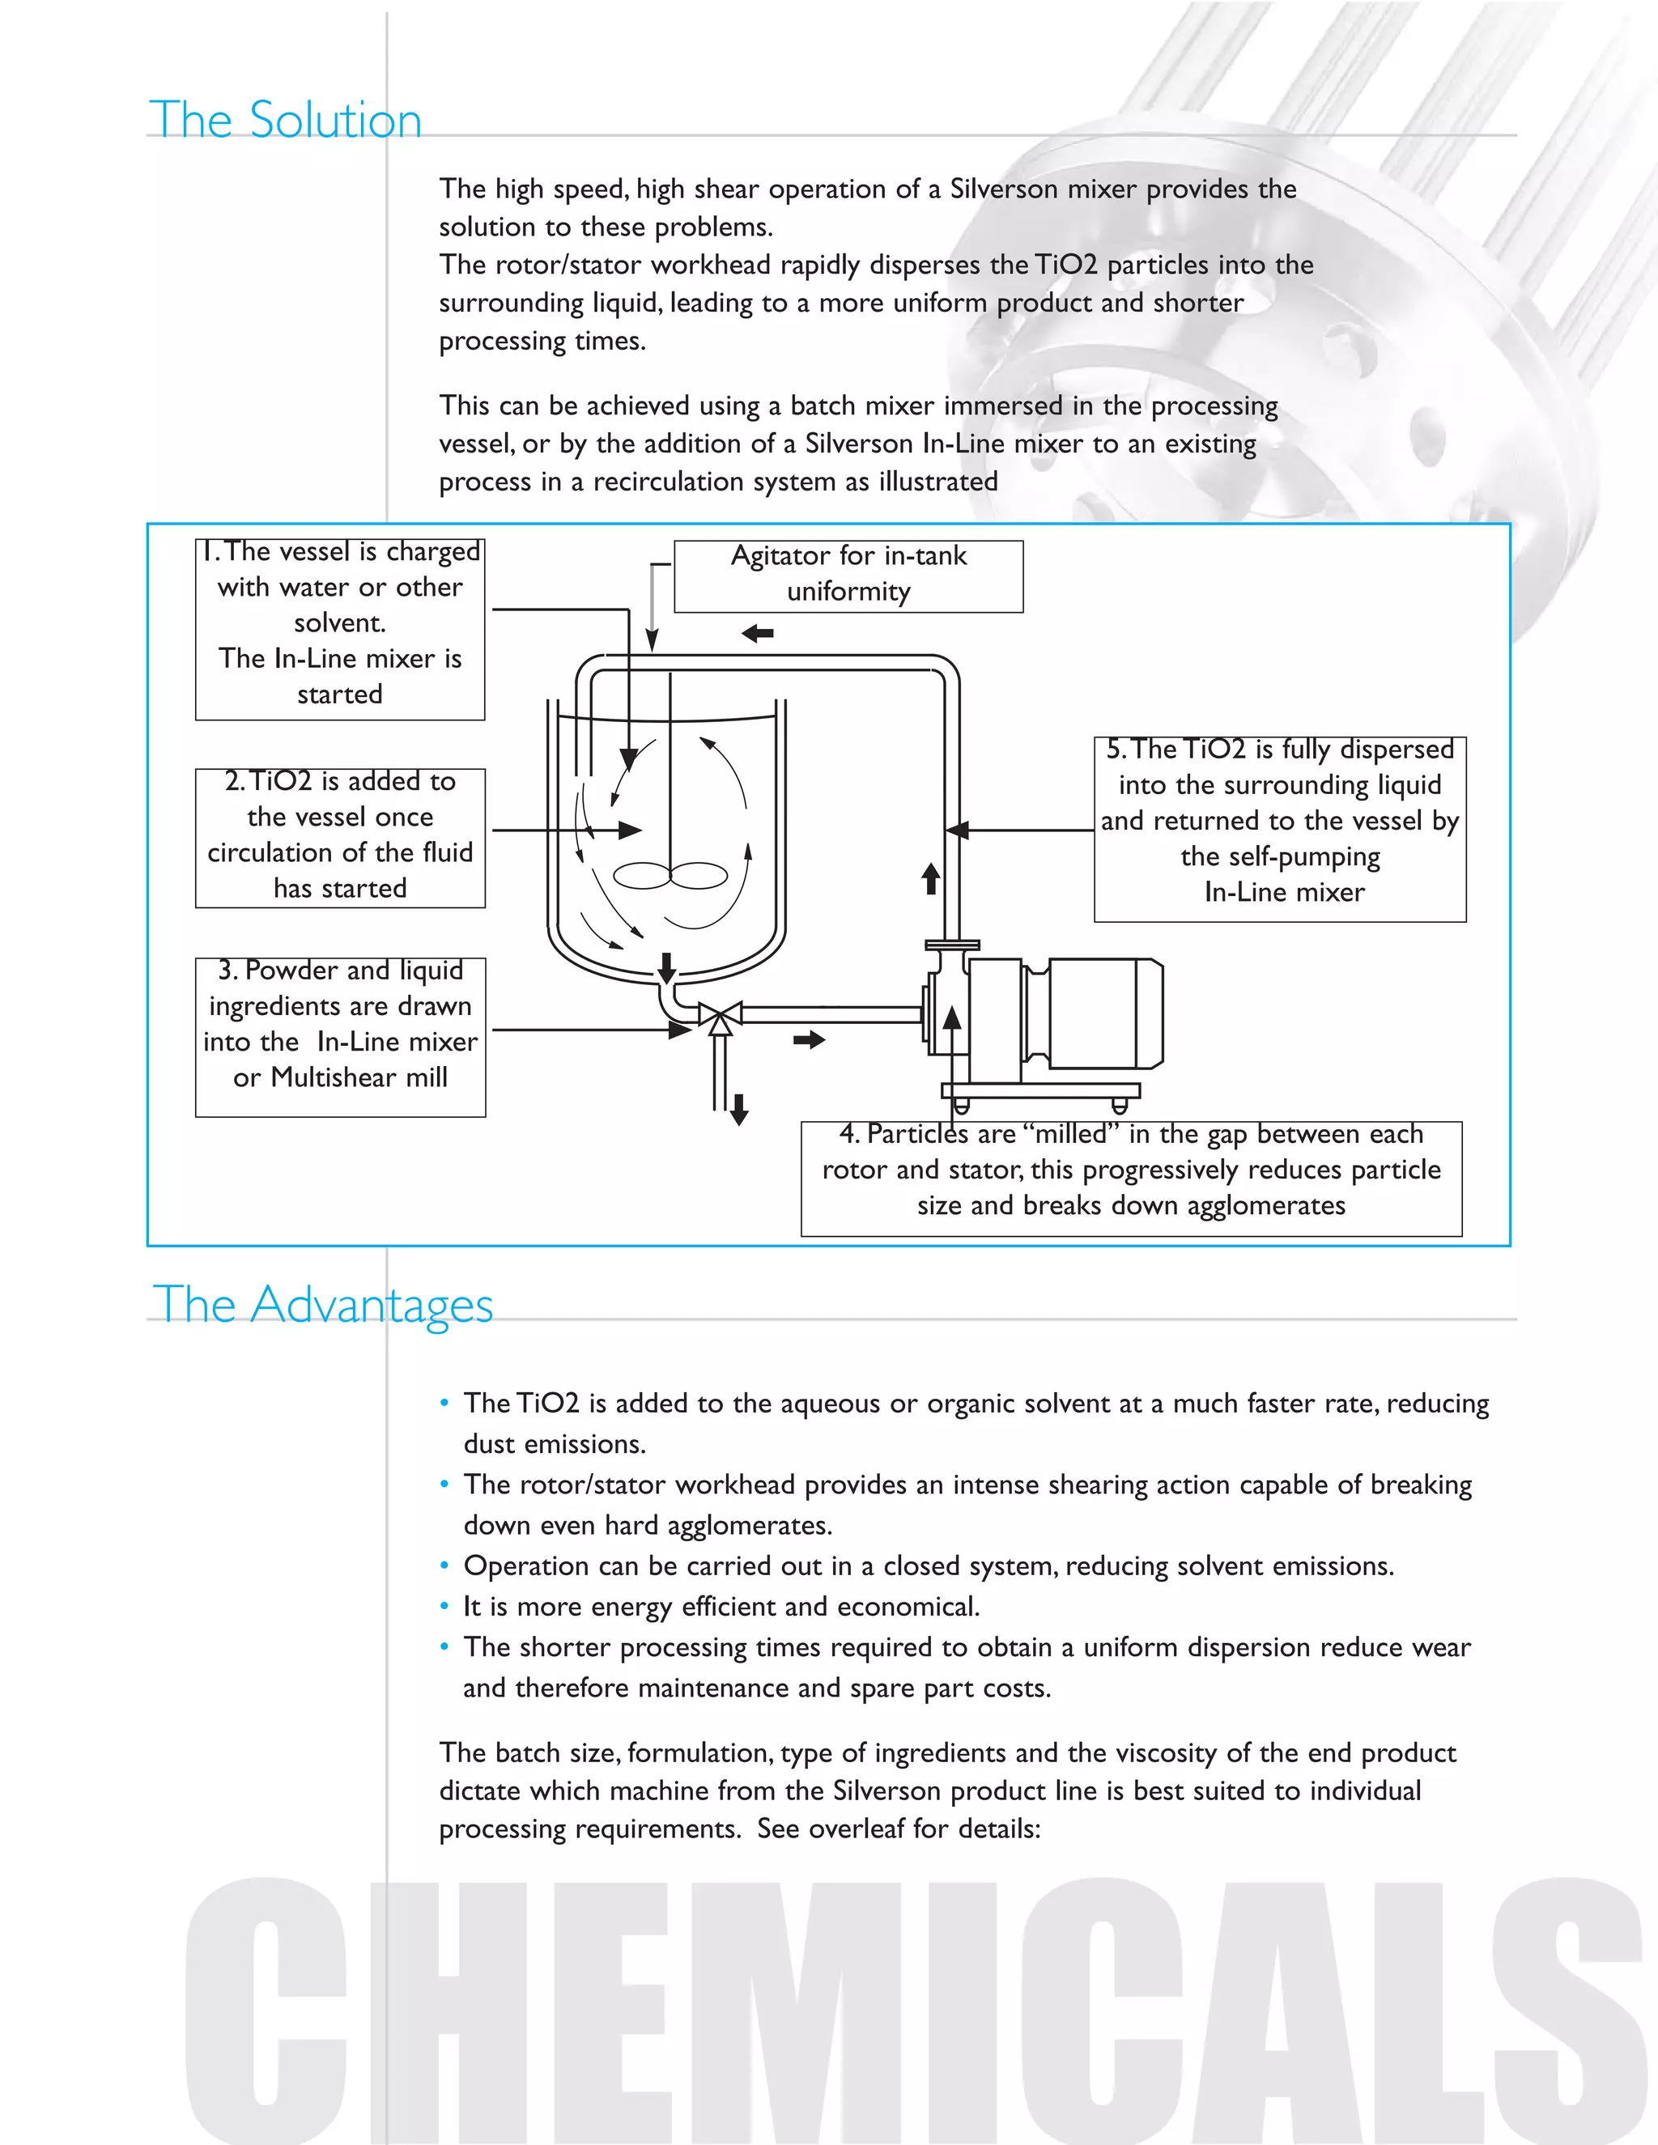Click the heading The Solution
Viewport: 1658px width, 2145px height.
pos(285,120)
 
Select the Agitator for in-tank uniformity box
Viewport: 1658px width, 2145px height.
pos(848,576)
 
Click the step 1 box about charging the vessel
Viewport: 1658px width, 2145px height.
pos(340,629)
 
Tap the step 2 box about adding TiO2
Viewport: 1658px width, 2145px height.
pos(340,837)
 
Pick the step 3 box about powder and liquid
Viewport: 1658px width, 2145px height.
pos(340,1036)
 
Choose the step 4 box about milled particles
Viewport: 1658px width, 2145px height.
pos(1130,1178)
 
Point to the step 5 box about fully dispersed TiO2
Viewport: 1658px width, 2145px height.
pos(1280,828)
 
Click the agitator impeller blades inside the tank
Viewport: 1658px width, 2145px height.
pos(671,874)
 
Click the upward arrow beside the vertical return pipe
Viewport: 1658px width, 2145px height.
pos(930,878)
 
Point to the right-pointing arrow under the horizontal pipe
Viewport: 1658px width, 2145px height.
pos(810,1039)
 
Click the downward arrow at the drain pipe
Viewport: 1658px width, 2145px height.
pos(740,1109)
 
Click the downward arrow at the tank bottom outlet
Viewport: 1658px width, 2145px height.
pos(667,967)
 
